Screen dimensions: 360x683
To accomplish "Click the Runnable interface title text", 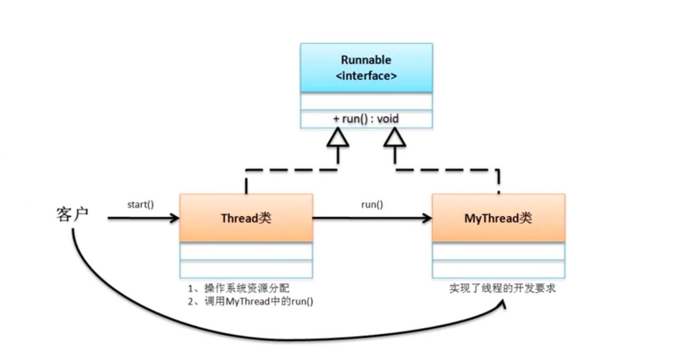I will (366, 60).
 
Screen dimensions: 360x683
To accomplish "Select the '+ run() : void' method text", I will (366, 119).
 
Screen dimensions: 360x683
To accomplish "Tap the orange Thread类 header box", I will (246, 218).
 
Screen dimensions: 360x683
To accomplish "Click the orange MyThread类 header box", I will (498, 218).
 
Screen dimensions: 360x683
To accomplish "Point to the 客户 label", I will (72, 215).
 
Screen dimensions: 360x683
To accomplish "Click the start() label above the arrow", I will (141, 204).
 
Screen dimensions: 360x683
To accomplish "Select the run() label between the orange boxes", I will (372, 204).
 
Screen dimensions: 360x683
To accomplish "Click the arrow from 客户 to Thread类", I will (143, 218).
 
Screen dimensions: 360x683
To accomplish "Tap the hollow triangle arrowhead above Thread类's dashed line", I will (338, 138).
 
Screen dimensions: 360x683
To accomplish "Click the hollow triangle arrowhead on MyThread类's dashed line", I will (394, 138).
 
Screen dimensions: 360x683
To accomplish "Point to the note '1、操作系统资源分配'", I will (238, 289).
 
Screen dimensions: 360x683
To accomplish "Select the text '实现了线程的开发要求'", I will (502, 289).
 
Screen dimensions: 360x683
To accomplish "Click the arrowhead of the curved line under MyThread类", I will (503, 305).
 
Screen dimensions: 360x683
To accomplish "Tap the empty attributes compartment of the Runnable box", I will (366, 101).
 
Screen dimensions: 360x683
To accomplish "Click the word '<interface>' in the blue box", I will (366, 76).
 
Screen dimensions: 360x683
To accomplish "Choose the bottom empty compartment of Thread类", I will (246, 269).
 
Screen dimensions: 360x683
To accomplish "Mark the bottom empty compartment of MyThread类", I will (498, 269).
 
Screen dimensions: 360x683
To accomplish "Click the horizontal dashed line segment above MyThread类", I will (447, 170).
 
